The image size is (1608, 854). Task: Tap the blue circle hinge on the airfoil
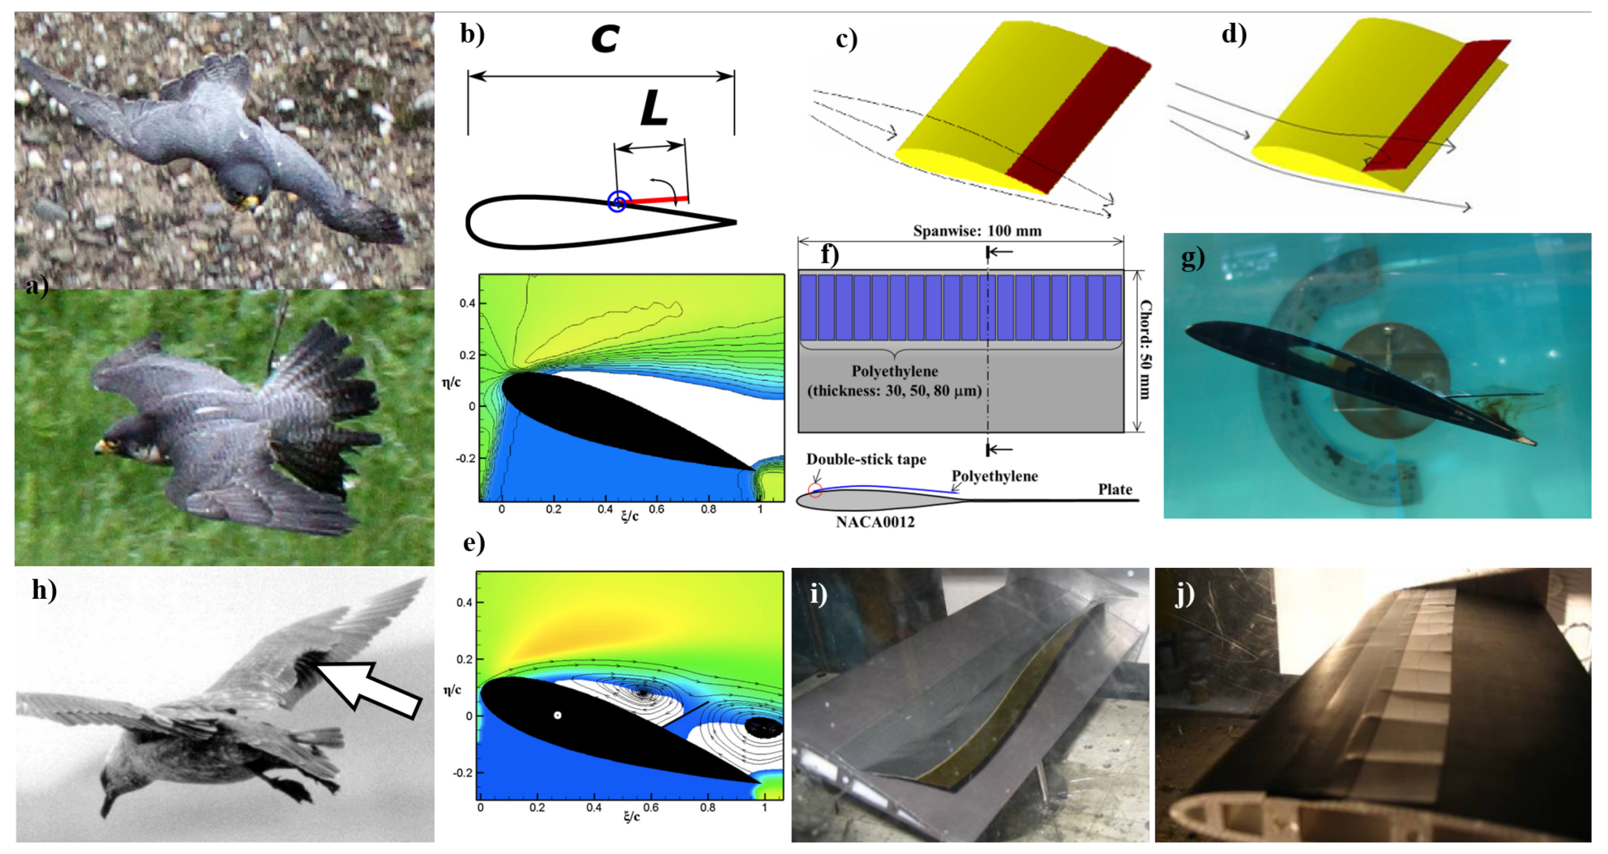pos(617,202)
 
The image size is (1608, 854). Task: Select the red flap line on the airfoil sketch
pos(655,200)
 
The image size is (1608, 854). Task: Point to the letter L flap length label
pos(654,109)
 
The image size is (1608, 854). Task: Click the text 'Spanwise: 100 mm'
pos(977,231)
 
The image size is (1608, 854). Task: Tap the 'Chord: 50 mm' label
pos(1146,350)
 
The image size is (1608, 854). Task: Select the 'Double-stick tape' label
pos(866,460)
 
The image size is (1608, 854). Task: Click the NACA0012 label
pos(875,522)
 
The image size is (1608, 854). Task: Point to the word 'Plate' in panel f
pos(1115,489)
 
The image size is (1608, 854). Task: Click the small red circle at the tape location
pos(815,490)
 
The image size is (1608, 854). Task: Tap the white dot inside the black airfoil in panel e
pos(558,715)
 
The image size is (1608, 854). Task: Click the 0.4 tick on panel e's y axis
pos(464,603)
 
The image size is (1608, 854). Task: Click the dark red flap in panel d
pos(1436,106)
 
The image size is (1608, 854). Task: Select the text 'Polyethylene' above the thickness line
pos(895,372)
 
